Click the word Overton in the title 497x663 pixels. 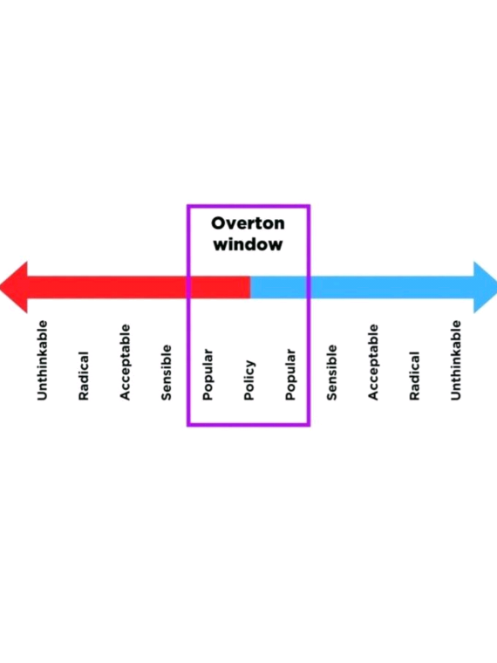click(x=248, y=223)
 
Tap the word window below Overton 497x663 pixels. click(x=248, y=244)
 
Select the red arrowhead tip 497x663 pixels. click(x=1, y=287)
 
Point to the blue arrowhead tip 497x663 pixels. click(x=496, y=287)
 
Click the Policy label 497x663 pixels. click(x=249, y=380)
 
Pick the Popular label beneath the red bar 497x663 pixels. click(x=208, y=374)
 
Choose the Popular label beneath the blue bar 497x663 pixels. click(x=290, y=374)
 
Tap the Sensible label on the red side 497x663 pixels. click(x=167, y=373)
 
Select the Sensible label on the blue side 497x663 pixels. click(x=331, y=373)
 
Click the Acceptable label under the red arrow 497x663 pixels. click(x=125, y=362)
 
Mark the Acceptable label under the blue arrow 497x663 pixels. click(x=373, y=362)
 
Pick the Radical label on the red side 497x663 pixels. click(x=84, y=376)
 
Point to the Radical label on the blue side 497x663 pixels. click(x=414, y=376)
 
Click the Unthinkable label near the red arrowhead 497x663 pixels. click(x=42, y=360)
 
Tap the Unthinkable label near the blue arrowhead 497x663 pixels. click(x=455, y=360)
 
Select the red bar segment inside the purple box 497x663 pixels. click(x=220, y=287)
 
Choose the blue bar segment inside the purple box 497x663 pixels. click(x=278, y=287)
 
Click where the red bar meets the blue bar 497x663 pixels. click(x=250, y=287)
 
